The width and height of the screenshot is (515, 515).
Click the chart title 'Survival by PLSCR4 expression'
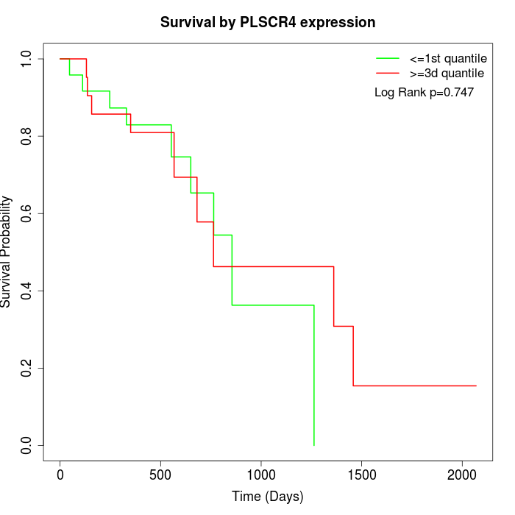[x=268, y=23]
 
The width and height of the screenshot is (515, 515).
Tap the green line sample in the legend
[x=388, y=58]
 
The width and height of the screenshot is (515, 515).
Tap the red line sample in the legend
[x=388, y=74]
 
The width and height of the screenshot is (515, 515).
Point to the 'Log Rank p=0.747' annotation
[x=424, y=93]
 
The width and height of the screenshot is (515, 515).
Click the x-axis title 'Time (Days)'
[x=268, y=497]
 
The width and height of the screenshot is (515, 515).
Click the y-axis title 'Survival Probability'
[x=7, y=252]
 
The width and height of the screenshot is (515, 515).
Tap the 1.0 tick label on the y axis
[x=27, y=59]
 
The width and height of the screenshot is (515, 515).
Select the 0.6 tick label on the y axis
[x=27, y=213]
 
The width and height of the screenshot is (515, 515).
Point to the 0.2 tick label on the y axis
[x=27, y=368]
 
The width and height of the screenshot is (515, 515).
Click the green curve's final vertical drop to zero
[x=314, y=375]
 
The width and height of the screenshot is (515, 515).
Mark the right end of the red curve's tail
[x=475, y=386]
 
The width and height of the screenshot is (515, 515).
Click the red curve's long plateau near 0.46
[x=274, y=266]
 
